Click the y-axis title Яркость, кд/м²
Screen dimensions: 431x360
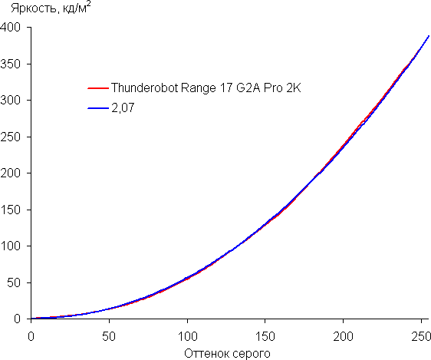coord(51,8)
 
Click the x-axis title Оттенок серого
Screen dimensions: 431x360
coord(227,354)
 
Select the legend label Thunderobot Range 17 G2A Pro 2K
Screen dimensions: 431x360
coord(206,88)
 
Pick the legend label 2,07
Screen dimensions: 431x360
coord(123,107)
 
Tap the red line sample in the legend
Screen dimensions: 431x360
coord(98,88)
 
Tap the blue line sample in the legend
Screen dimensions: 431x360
coord(98,108)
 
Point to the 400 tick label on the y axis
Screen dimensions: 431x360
coord(11,28)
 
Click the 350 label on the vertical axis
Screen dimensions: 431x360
coord(11,64)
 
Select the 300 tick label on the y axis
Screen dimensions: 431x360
coord(11,101)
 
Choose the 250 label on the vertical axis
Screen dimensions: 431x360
coord(11,137)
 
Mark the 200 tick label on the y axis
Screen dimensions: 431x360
coord(11,173)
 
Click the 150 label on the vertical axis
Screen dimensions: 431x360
coord(11,210)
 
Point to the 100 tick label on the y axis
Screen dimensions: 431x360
coord(11,246)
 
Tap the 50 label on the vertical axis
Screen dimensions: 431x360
coord(14,282)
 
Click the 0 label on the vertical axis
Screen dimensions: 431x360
coord(18,319)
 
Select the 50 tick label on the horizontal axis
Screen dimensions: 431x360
coord(109,336)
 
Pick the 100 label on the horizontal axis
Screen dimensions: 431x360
coord(187,336)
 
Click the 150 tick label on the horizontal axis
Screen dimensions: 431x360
coord(265,336)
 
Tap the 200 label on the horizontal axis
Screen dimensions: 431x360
coord(343,336)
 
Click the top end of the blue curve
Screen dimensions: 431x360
coord(429,36)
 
